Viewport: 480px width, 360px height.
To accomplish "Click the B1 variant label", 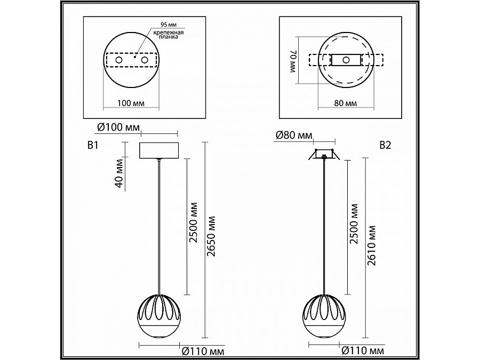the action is (x=93, y=145).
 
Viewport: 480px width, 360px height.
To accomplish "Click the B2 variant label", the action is (x=386, y=145).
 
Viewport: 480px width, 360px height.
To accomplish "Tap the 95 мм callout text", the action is (x=169, y=25).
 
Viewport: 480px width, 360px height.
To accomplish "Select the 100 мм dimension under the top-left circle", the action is (x=131, y=103).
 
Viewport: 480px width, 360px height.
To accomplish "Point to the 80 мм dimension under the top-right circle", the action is (x=346, y=103).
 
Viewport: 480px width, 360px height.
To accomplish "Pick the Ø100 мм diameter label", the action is (x=118, y=127).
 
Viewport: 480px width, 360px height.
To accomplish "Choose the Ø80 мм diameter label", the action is (x=294, y=135).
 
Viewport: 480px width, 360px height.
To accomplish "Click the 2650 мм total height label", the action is (x=211, y=236).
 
